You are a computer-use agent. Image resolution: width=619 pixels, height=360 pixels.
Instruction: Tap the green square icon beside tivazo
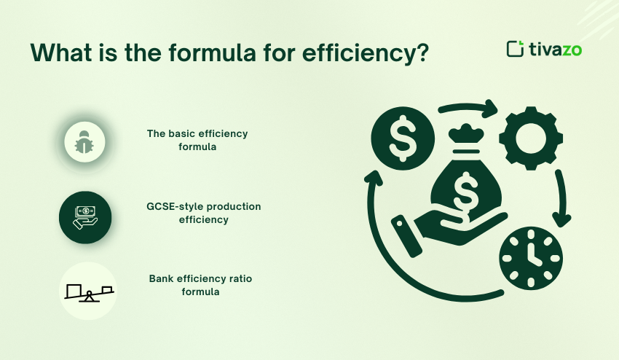515,49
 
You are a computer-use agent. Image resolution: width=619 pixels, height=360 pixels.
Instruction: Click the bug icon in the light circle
84,141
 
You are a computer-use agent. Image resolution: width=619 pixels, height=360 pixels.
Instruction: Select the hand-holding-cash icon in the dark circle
84,217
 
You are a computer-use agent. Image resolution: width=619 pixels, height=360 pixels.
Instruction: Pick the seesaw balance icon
87,293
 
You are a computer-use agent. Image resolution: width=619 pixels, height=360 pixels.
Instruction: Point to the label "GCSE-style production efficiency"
203,213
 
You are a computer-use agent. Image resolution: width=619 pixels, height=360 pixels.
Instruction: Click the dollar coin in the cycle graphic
403,137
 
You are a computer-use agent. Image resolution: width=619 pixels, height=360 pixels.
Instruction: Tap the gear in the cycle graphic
531,137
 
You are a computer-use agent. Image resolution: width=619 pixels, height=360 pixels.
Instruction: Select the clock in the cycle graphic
531,259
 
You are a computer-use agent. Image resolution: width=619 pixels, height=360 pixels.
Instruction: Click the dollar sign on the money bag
464,192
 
